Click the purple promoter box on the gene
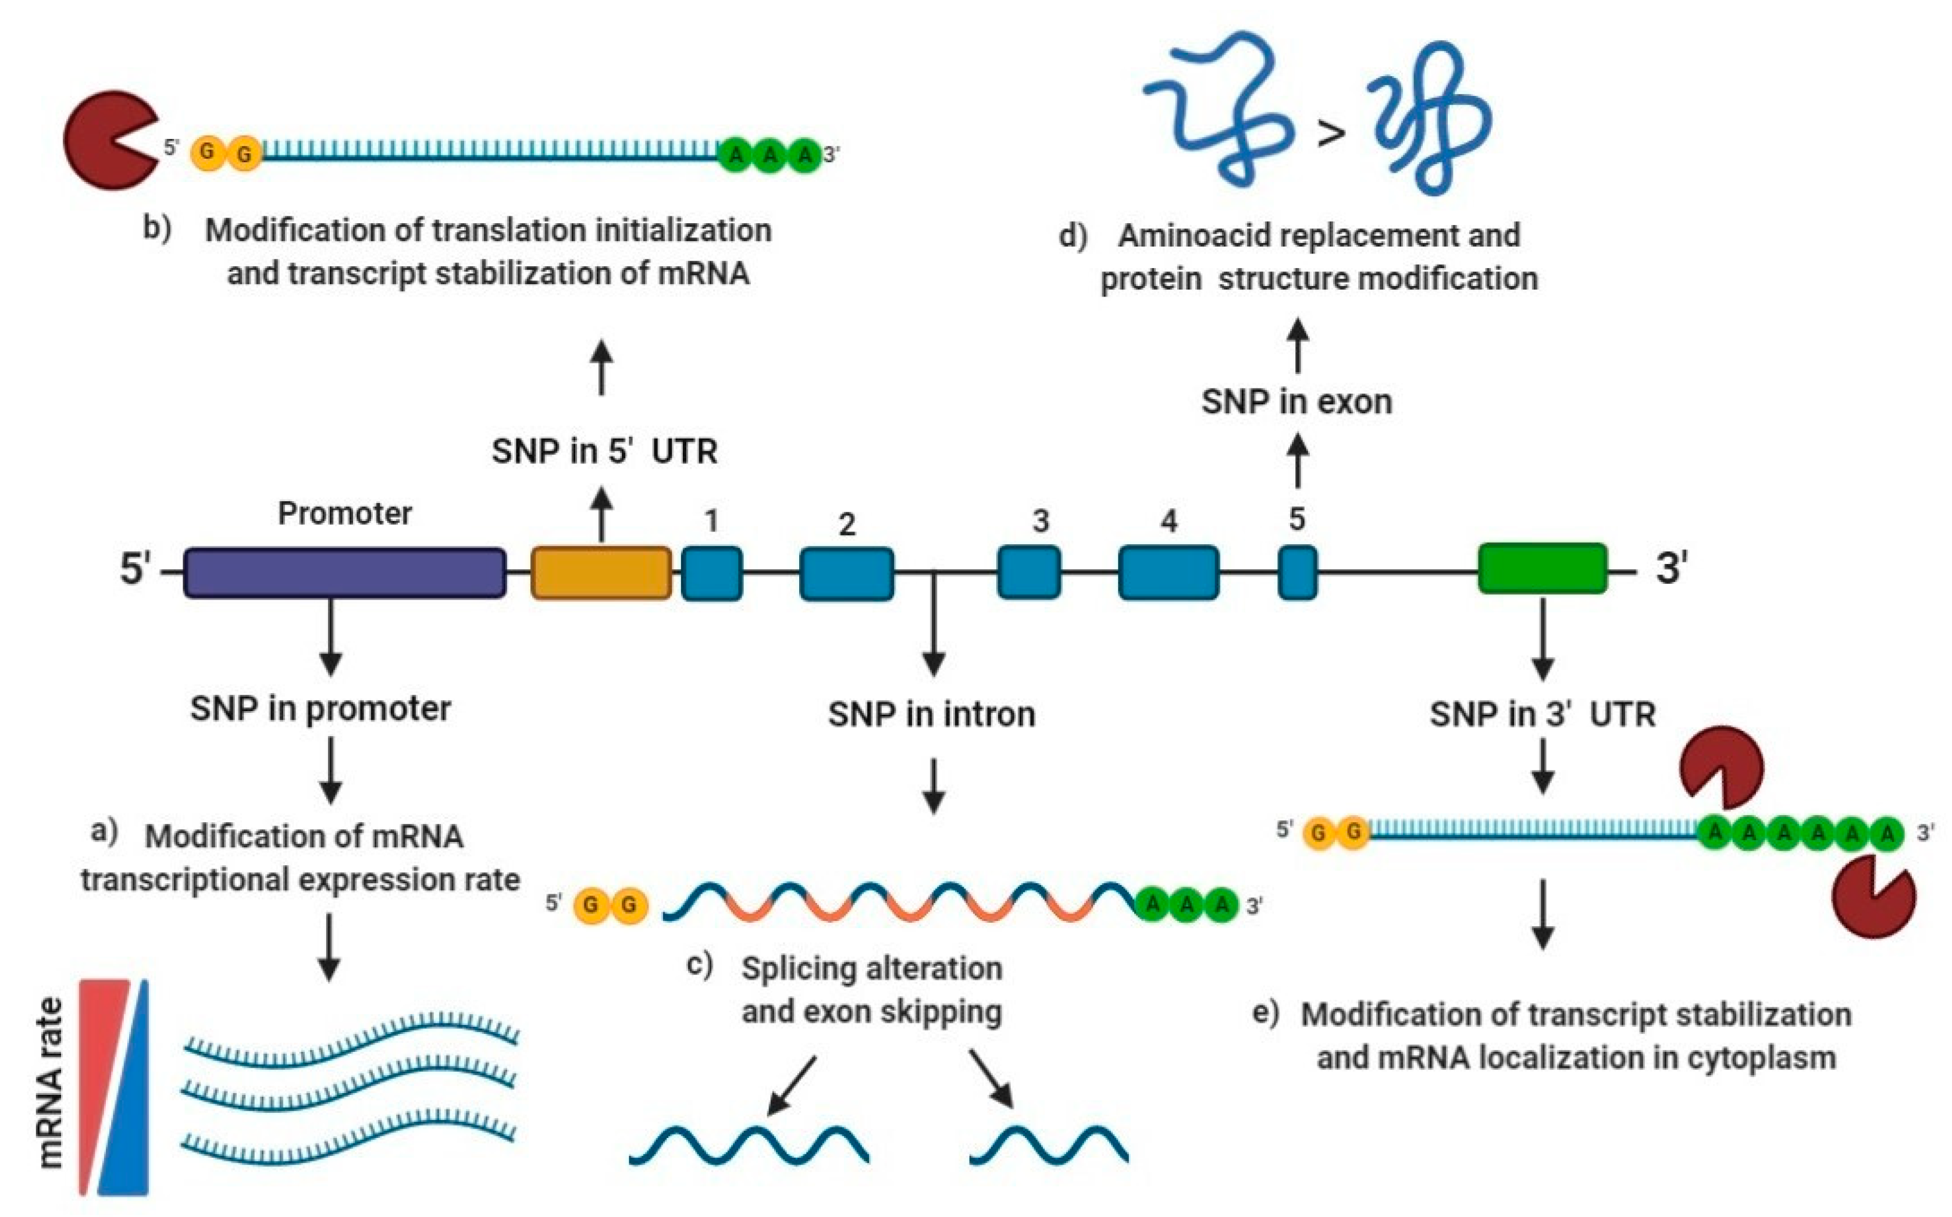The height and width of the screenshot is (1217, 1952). tap(344, 573)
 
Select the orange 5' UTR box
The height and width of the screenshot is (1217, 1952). tap(601, 573)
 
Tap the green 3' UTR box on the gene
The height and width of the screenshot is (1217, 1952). tap(1543, 568)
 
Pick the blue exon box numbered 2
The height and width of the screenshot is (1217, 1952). tap(847, 574)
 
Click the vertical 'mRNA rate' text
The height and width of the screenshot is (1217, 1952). tap(50, 1083)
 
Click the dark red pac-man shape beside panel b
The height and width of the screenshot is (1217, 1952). tap(109, 141)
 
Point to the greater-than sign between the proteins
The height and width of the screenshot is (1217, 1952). tap(1331, 133)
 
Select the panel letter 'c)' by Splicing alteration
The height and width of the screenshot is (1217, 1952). tap(700, 965)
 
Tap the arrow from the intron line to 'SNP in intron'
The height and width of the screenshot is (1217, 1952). tap(933, 628)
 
